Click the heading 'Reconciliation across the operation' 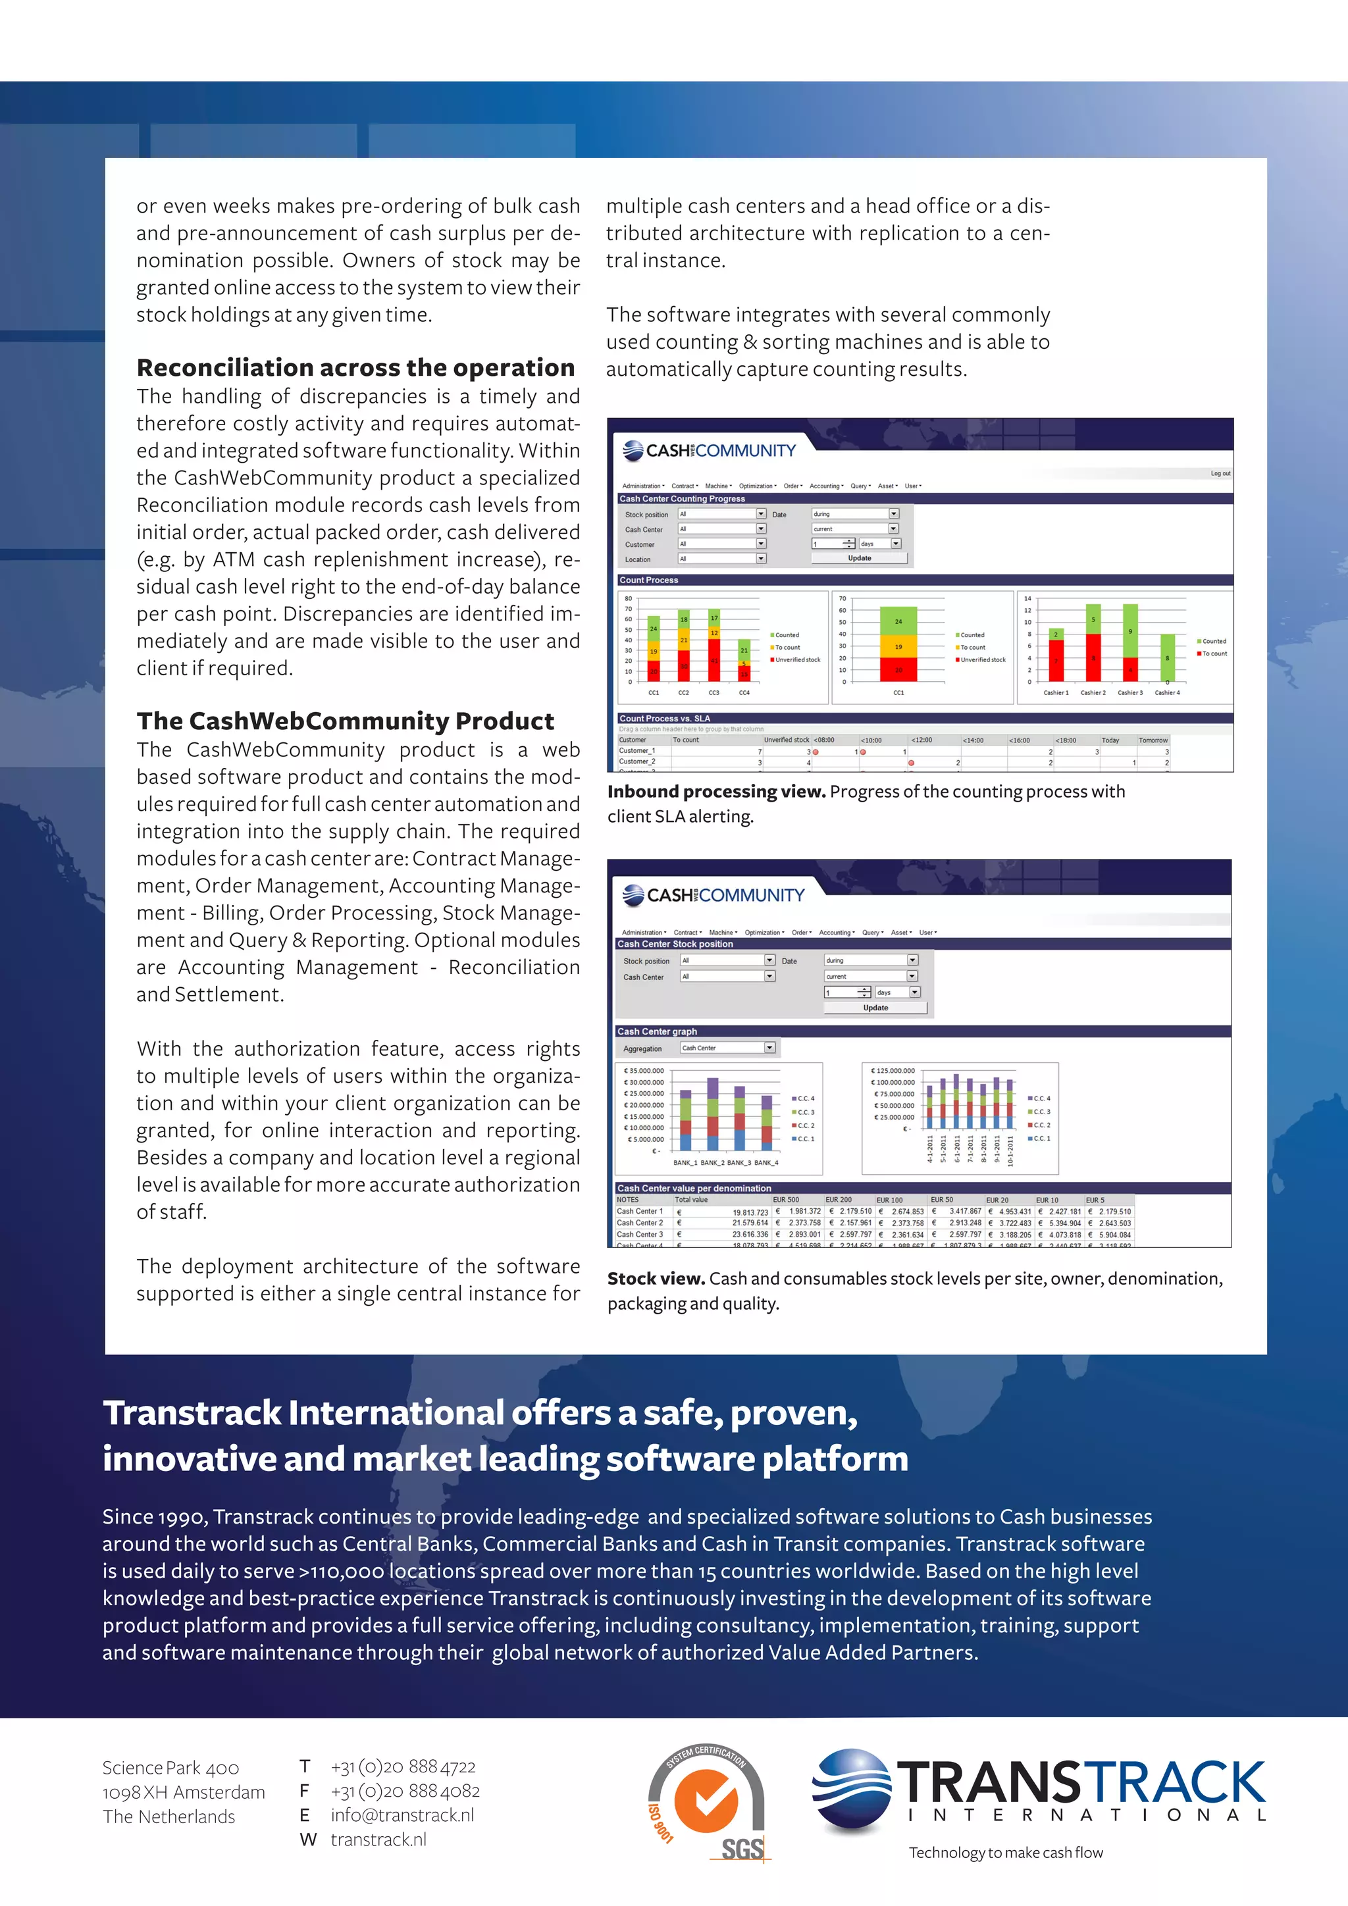point(355,367)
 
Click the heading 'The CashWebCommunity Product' point(346,721)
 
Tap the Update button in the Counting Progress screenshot point(859,558)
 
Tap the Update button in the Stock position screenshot point(875,1008)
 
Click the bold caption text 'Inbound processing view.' point(715,791)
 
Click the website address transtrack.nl point(378,1840)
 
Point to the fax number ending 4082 point(405,1791)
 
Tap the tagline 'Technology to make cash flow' point(1005,1852)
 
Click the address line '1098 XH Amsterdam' point(184,1792)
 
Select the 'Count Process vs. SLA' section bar point(665,718)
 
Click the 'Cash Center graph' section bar point(658,1031)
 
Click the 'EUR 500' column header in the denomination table point(785,1200)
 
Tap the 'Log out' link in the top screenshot point(1220,473)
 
